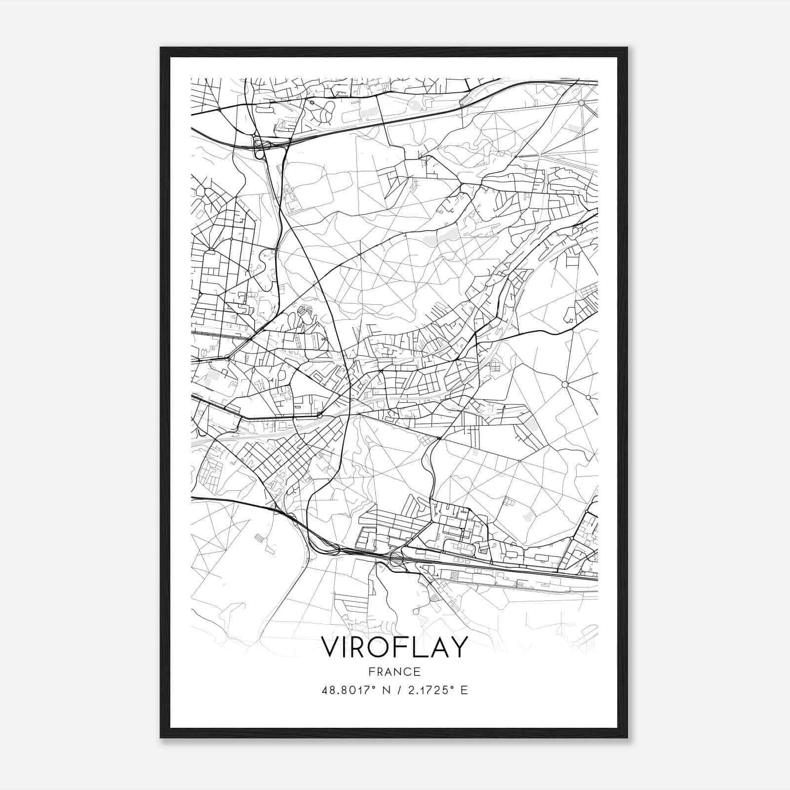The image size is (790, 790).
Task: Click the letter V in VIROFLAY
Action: [332, 647]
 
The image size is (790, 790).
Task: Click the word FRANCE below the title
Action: [395, 671]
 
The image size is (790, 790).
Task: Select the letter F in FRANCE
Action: [371, 671]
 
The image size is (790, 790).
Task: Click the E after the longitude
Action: [464, 690]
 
